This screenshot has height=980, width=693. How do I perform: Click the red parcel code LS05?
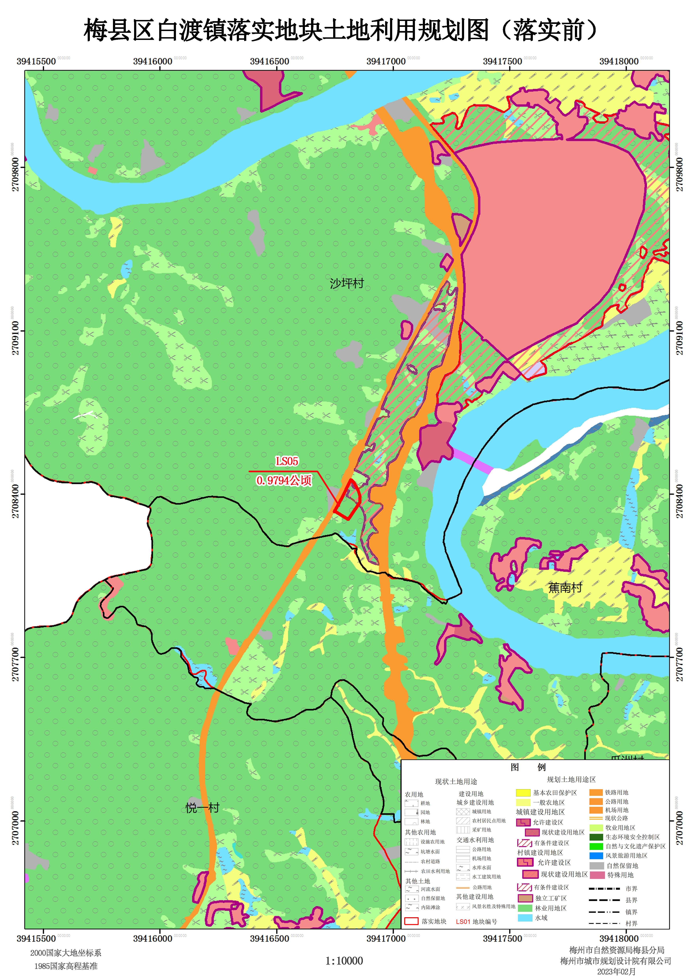287,461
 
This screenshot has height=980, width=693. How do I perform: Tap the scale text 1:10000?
344,961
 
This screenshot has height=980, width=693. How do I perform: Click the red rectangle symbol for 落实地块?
411,921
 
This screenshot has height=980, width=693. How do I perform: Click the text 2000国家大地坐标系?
66,953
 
